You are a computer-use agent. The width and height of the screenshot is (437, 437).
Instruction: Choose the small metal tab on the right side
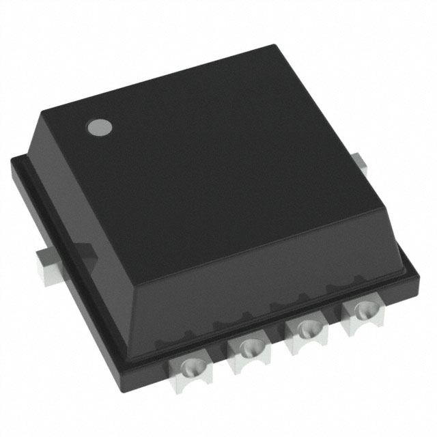click(361, 163)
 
